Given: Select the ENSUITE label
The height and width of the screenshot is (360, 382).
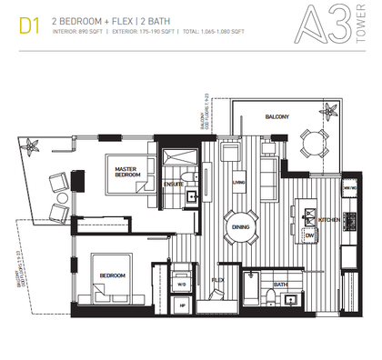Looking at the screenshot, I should coord(172,183).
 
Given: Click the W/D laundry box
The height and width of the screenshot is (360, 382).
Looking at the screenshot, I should coord(180,283).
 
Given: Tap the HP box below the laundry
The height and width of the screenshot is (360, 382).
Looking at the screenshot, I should coord(180,306).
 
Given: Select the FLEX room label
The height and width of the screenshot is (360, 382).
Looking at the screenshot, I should coord(218,279).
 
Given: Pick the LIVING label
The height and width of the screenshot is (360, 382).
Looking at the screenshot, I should coord(239,182).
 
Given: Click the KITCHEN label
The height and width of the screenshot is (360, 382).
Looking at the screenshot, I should coord(330,220).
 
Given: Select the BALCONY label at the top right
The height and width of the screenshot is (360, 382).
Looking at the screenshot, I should coord(277,116).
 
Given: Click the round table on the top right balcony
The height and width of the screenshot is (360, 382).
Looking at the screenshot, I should coord(314,141).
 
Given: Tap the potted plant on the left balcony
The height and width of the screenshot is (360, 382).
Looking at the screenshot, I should coord(35,145).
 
